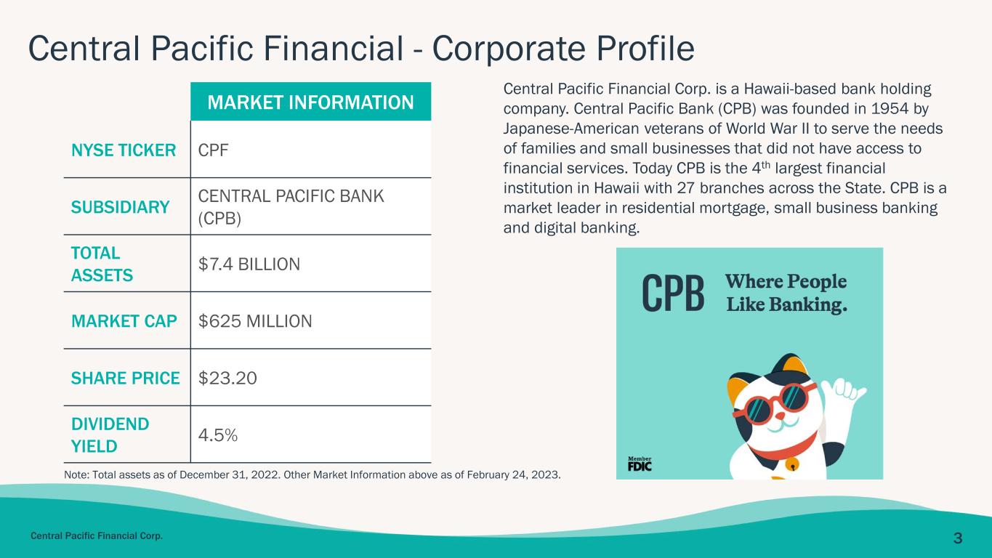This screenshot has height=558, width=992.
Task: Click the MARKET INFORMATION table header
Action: [310, 102]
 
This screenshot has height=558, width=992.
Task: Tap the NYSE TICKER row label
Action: [124, 150]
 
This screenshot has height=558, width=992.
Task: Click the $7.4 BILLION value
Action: [249, 264]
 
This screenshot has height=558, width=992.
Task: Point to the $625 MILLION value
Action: [255, 321]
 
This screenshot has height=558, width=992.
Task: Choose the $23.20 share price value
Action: [227, 379]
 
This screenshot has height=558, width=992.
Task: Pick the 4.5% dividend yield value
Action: [218, 435]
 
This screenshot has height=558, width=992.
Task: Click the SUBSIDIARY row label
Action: [120, 207]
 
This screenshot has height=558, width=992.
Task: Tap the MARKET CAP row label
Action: [124, 321]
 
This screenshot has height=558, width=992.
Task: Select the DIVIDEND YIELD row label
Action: [110, 435]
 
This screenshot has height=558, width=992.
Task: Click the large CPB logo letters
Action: [673, 293]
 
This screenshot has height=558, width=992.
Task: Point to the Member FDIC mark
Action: [640, 464]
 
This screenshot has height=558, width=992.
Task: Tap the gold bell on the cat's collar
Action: [792, 464]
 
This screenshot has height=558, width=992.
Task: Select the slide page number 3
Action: [957, 538]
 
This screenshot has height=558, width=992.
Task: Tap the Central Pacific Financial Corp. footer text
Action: [97, 536]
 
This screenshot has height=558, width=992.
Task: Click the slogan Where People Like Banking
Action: [786, 294]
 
